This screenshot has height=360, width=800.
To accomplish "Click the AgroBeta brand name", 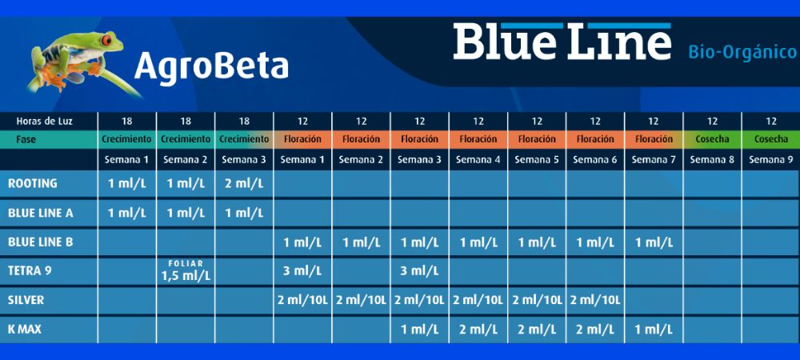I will coord(211,66).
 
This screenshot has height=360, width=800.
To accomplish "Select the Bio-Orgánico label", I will coord(742,53).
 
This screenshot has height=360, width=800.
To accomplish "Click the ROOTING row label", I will coord(33,183).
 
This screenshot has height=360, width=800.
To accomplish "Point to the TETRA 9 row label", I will coord(30,270).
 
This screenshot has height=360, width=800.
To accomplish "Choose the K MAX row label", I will coord(26,329).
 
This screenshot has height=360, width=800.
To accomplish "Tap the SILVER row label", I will coord(26,300).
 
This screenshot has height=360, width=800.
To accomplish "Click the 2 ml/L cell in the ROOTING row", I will coord(244,184).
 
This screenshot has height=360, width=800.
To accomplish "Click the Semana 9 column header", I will coord(770,159).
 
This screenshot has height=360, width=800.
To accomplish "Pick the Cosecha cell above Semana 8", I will coord(712,139).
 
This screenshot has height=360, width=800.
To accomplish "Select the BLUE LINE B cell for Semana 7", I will coord(654,242).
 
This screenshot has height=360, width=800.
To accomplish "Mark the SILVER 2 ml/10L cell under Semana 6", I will coord(595,301).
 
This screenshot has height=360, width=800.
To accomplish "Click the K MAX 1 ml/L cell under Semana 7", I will coord(654,330).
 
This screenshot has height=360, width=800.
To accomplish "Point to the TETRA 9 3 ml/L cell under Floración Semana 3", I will coord(419,271).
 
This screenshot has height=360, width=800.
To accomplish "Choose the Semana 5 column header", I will coord(536,159).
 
